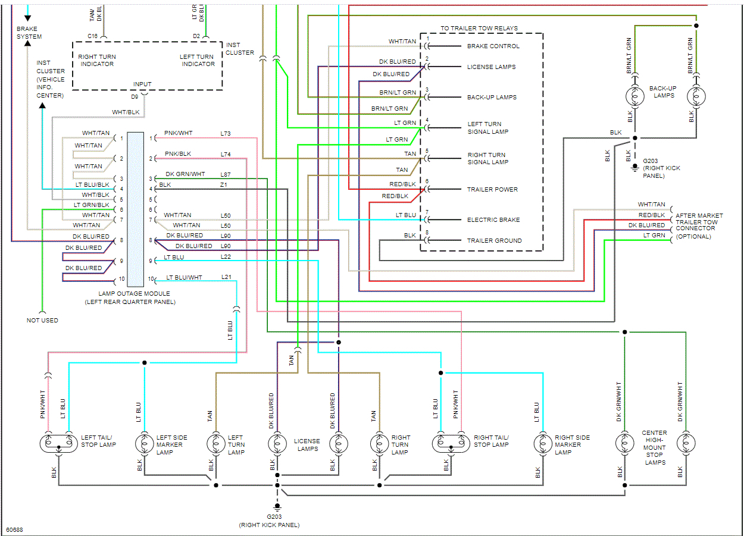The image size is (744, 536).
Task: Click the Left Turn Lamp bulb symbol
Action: click(x=215, y=444)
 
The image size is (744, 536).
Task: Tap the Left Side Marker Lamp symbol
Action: click(x=144, y=444)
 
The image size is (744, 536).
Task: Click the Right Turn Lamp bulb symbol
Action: click(x=379, y=444)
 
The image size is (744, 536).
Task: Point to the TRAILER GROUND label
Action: click(x=494, y=240)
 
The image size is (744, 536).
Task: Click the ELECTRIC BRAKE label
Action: click(x=493, y=220)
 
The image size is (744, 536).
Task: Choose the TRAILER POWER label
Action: click(x=492, y=189)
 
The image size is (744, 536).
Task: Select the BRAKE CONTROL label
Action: click(x=493, y=46)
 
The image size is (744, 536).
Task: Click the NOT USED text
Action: click(x=42, y=320)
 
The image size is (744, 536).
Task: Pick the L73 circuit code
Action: click(x=226, y=133)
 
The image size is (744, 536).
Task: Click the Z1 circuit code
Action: click(x=224, y=185)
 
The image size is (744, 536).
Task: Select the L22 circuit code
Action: click(x=226, y=256)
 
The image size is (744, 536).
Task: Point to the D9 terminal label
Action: click(x=135, y=96)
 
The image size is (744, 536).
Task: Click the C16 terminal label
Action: click(x=93, y=36)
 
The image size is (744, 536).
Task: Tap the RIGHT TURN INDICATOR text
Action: click(x=97, y=60)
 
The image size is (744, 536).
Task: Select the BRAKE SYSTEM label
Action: click(x=29, y=33)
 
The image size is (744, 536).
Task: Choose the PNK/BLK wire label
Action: click(x=178, y=154)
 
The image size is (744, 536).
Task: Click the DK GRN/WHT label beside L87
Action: click(x=185, y=174)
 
